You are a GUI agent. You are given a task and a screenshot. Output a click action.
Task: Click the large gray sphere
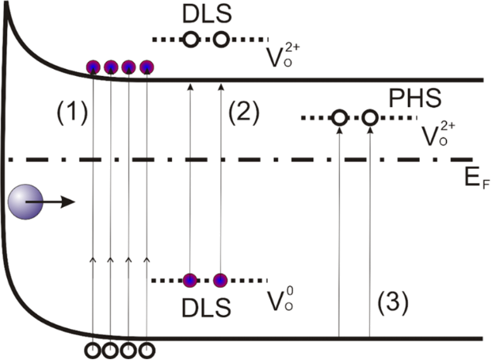click(23, 203)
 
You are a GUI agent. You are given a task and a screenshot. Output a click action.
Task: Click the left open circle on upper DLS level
click(190, 39)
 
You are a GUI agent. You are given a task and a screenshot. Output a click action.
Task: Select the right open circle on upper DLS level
click(220, 39)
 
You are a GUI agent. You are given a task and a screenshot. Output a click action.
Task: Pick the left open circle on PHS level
click(339, 118)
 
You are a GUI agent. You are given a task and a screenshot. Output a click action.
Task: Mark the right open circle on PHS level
click(369, 118)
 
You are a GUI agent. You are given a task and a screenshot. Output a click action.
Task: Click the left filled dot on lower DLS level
click(190, 280)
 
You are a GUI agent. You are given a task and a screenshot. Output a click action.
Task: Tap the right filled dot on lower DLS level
click(220, 280)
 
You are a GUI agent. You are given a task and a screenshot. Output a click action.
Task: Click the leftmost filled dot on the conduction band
click(93, 67)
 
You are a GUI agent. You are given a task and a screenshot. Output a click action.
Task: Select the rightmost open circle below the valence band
click(146, 348)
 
